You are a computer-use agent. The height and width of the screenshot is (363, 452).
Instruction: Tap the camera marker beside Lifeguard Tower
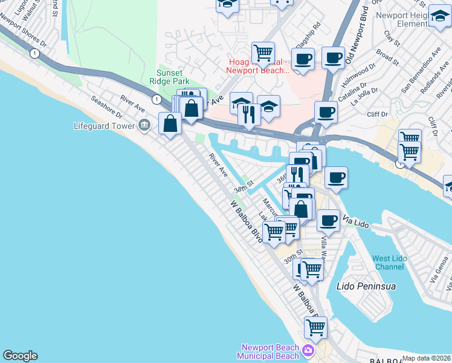[144, 126]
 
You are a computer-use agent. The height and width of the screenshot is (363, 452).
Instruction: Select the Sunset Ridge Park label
[173, 77]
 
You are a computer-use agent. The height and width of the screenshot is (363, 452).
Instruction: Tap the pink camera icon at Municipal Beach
[309, 350]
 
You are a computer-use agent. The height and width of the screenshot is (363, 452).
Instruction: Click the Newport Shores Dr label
[22, 31]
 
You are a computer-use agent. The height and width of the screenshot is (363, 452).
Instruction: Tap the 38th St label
[244, 191]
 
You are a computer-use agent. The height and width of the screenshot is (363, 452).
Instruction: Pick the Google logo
[20, 356]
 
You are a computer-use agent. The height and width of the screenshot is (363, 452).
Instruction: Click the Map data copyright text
[426, 358]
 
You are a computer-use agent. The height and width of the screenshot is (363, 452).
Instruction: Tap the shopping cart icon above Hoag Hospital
[263, 53]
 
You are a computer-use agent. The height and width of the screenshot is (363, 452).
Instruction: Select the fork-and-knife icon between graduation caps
[249, 114]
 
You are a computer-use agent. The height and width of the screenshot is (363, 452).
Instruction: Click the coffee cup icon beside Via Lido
[328, 220]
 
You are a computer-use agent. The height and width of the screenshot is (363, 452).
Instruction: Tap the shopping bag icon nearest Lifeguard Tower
[170, 123]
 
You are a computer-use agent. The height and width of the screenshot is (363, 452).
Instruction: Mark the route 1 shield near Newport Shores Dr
[36, 54]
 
